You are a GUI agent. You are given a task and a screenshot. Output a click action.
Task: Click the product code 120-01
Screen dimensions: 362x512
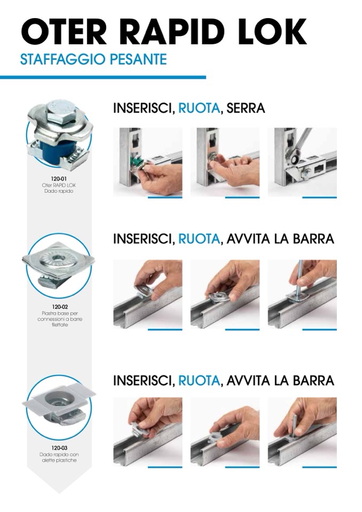pyautogui.click(x=59, y=179)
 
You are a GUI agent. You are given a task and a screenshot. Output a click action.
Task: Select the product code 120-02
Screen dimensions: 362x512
pyautogui.click(x=60, y=307)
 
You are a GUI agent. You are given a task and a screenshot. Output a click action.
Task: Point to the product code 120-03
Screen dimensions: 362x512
pyautogui.click(x=59, y=448)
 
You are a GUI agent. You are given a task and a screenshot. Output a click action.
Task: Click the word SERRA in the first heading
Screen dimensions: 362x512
pyautogui.click(x=246, y=108)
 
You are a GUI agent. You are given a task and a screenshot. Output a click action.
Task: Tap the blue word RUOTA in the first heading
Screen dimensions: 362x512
pyautogui.click(x=199, y=108)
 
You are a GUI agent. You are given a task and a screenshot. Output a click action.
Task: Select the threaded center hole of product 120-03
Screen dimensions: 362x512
pyautogui.click(x=59, y=400)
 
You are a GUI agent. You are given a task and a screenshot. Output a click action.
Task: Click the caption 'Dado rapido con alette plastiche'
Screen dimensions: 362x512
pyautogui.click(x=59, y=457)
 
